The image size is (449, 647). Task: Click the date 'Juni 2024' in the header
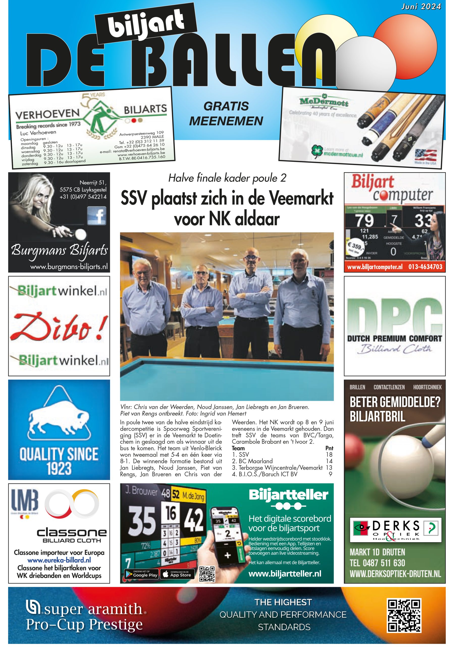[421, 7]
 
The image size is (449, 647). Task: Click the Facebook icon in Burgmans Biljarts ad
[96, 216]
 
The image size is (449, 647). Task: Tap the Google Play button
[142, 574]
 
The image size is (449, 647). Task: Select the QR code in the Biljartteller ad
[207, 574]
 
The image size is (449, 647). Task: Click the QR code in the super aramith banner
[404, 615]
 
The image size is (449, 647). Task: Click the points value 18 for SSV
[329, 455]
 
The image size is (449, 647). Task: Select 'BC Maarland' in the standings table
[255, 461]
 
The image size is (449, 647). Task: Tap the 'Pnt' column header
[329, 448]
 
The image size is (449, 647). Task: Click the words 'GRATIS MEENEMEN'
[226, 113]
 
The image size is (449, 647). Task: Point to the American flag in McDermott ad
[425, 155]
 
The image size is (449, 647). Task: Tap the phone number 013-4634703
[425, 266]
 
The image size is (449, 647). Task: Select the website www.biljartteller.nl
[285, 573]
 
